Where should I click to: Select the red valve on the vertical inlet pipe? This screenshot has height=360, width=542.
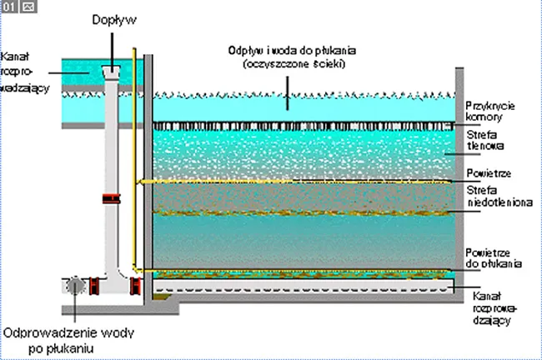coord(109,199)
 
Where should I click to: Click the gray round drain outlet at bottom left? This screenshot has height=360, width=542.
coord(76,285)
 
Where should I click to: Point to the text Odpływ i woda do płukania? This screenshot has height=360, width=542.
coord(288,50)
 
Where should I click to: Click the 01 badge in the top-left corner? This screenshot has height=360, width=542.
coord(8,6)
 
